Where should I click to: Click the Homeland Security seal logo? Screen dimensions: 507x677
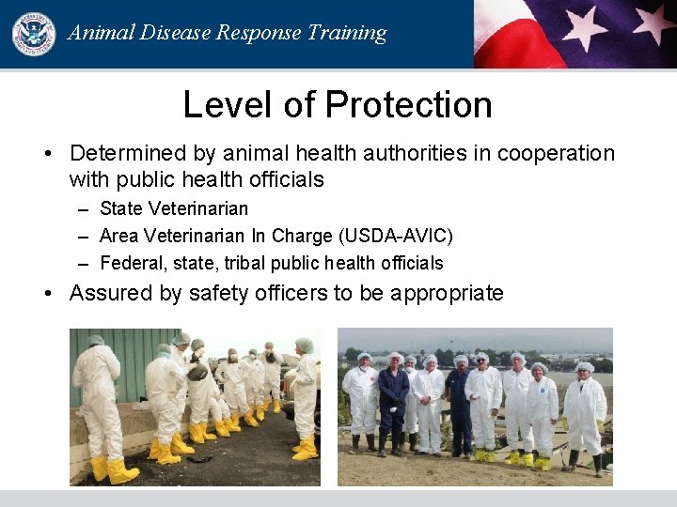click(33, 33)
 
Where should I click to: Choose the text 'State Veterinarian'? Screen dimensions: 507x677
click(174, 208)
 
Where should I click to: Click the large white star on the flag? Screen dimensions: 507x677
click(585, 25)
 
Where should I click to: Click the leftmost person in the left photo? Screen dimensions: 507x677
click(99, 404)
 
